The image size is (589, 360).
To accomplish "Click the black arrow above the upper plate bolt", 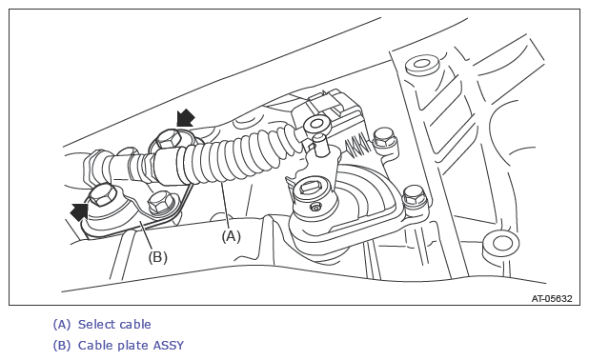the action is (x=186, y=118).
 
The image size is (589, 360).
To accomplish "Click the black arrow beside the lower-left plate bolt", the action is (x=79, y=212).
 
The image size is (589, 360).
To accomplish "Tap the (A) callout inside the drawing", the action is (x=231, y=236).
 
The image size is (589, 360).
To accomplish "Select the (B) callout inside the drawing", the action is (x=157, y=257).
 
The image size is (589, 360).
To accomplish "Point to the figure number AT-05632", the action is (x=552, y=298).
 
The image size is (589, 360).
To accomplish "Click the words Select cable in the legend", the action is (x=114, y=325).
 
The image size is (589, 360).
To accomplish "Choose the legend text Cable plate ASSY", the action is (x=131, y=346).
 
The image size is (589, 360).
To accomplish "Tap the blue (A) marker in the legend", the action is (x=62, y=325).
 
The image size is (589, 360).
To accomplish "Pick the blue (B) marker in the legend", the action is (x=62, y=346).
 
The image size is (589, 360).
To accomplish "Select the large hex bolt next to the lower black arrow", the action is (x=103, y=195).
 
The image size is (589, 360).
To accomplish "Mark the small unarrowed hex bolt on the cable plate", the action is (x=160, y=202).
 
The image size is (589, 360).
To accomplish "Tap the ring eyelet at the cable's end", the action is (x=316, y=124).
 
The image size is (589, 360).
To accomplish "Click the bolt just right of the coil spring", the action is (x=384, y=140).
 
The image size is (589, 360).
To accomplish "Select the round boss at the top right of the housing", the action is (x=422, y=66).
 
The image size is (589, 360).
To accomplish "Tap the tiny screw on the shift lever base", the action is (x=315, y=207).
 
